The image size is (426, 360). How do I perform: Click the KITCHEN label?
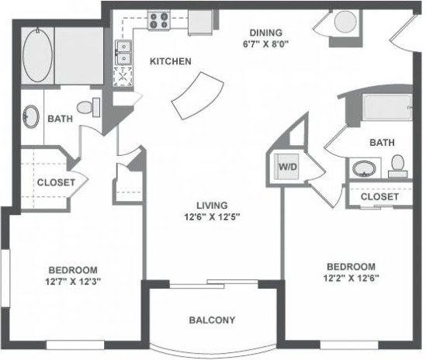point(171,61)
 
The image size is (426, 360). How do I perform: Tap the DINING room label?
point(266,33)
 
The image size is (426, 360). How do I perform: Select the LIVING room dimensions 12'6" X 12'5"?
point(212,217)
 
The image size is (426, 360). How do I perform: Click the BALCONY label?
point(212,320)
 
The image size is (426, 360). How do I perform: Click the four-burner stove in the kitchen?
point(158,20)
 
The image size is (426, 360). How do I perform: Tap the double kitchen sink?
point(123,53)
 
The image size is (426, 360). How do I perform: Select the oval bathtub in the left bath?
point(37,55)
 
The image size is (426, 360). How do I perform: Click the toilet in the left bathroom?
point(88,107)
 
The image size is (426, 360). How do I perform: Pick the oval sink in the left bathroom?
point(31,116)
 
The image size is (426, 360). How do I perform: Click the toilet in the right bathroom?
point(398,166)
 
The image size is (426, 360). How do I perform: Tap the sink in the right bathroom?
point(364,168)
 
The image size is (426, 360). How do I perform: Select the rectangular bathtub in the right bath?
point(388,108)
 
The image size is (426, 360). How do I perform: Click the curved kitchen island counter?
point(198,95)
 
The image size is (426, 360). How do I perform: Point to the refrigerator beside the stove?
point(200,22)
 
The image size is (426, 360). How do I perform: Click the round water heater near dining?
point(345,22)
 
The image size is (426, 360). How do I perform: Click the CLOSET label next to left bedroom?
point(56,182)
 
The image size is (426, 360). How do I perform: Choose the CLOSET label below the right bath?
point(379,196)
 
